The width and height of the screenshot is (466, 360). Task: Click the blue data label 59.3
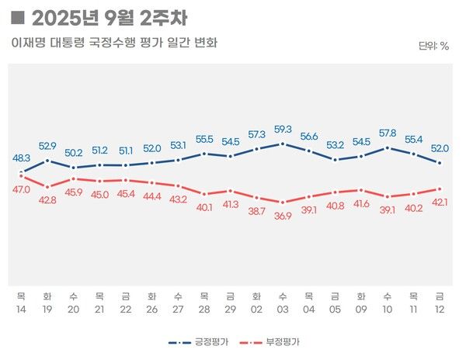pyautogui.click(x=283, y=130)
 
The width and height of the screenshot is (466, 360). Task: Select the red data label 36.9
pyautogui.click(x=283, y=216)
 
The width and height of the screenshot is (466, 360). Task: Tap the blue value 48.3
pyautogui.click(x=22, y=157)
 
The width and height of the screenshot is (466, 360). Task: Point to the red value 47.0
pyautogui.click(x=22, y=189)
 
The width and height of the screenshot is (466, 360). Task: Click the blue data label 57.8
pyautogui.click(x=387, y=133)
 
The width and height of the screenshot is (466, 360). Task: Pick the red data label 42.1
pyautogui.click(x=440, y=202)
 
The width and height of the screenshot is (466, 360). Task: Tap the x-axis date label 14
pyautogui.click(x=22, y=309)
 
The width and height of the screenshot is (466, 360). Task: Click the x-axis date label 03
pyautogui.click(x=283, y=309)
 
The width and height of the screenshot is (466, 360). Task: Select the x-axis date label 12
pyautogui.click(x=440, y=309)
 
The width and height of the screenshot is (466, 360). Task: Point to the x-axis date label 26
pyautogui.click(x=151, y=309)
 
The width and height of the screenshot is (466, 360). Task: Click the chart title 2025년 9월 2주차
pyautogui.click(x=110, y=17)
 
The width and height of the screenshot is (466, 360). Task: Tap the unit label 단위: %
pyautogui.click(x=433, y=46)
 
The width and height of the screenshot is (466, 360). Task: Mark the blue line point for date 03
pyautogui.click(x=283, y=144)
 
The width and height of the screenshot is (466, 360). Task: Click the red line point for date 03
pyautogui.click(x=283, y=202)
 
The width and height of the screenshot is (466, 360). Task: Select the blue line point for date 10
pyautogui.click(x=387, y=147)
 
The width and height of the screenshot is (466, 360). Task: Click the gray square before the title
pyautogui.click(x=19, y=17)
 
